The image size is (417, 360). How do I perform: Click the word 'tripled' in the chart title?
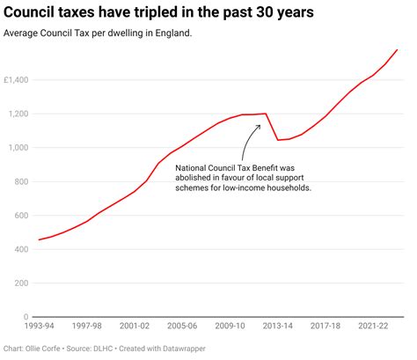point(168,14)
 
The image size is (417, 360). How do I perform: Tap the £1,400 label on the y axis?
point(17,80)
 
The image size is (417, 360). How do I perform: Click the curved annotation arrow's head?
point(260,125)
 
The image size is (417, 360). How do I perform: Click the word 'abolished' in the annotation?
point(199,178)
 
